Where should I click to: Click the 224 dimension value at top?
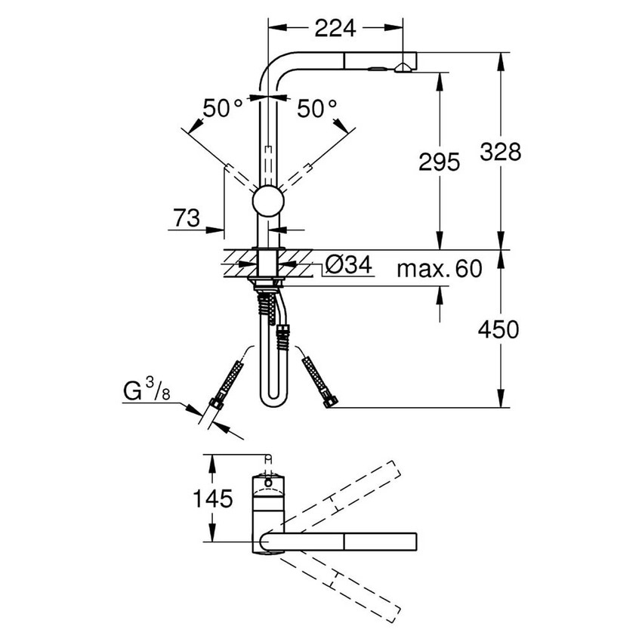[335, 28]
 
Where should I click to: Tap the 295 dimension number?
[438, 162]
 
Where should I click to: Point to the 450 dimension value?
[498, 329]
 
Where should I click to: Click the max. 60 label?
[439, 269]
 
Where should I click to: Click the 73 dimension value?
[186, 219]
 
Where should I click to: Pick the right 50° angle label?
[316, 108]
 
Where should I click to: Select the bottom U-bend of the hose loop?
[270, 400]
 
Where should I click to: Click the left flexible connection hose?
[227, 384]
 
